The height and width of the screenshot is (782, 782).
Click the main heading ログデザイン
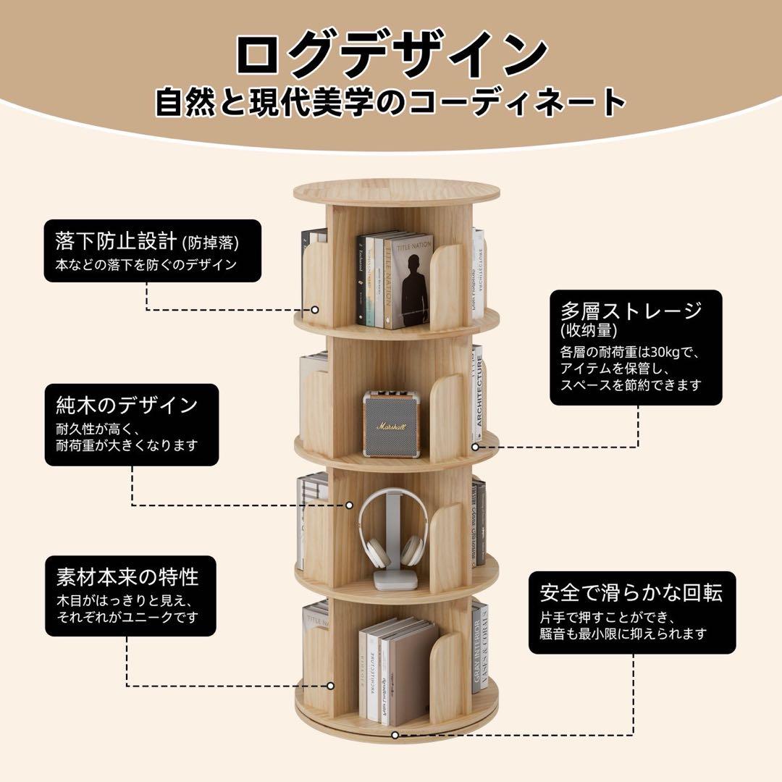click(x=391, y=54)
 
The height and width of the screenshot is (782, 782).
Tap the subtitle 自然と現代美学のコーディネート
click(x=391, y=101)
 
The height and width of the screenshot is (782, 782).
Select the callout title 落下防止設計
click(x=117, y=240)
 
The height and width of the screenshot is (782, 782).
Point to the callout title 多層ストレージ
click(x=631, y=311)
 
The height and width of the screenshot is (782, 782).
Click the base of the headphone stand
click(x=395, y=580)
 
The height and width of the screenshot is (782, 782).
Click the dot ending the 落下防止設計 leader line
click(x=315, y=309)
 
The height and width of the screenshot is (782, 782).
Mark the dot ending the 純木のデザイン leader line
click(x=349, y=505)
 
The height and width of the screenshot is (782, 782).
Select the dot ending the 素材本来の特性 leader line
click(x=330, y=685)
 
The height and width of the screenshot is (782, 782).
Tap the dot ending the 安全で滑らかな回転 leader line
click(x=395, y=734)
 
